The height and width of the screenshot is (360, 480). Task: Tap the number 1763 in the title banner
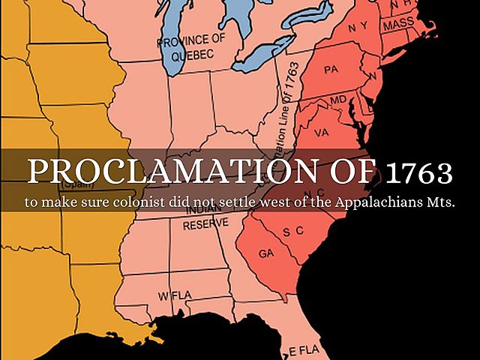click(420, 173)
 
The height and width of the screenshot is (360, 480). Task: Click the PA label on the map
click(331, 70)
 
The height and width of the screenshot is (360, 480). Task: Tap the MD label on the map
click(339, 100)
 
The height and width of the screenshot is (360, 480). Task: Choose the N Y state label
click(357, 27)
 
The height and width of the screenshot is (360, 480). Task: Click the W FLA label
click(171, 295)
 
